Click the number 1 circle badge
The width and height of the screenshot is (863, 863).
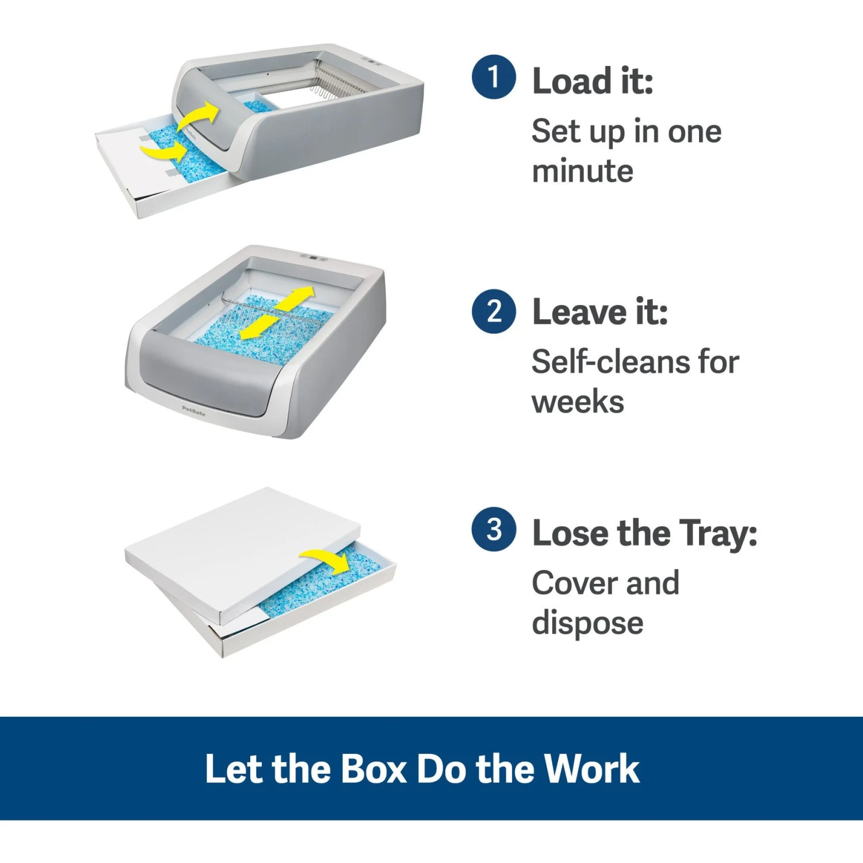click(x=493, y=77)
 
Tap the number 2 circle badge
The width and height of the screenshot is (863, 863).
click(x=493, y=311)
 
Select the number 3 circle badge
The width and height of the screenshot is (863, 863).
click(x=493, y=529)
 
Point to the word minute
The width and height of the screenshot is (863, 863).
click(x=582, y=171)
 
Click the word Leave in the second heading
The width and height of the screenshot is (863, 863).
click(x=579, y=312)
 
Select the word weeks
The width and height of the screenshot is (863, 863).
click(x=578, y=402)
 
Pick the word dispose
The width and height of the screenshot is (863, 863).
click(x=587, y=624)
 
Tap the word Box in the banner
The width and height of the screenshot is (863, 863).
click(x=374, y=769)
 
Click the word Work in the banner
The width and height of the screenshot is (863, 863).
click(x=592, y=769)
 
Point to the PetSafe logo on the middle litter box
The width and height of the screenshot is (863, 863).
click(x=193, y=410)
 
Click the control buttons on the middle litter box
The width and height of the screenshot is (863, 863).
click(x=313, y=258)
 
